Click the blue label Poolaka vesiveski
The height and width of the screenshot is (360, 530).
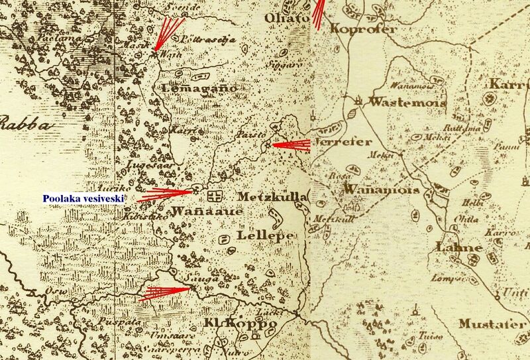[x=83, y=197]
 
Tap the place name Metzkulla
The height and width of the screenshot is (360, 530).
[x=270, y=197]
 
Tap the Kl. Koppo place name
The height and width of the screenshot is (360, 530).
[x=240, y=324]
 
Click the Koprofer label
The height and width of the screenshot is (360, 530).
[x=364, y=29]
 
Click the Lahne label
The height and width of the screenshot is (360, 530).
[x=459, y=247]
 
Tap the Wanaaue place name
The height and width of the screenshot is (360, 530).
[x=199, y=212]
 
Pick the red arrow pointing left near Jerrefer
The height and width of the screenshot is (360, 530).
[x=291, y=145]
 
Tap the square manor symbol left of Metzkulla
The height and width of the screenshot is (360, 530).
[x=214, y=196]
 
